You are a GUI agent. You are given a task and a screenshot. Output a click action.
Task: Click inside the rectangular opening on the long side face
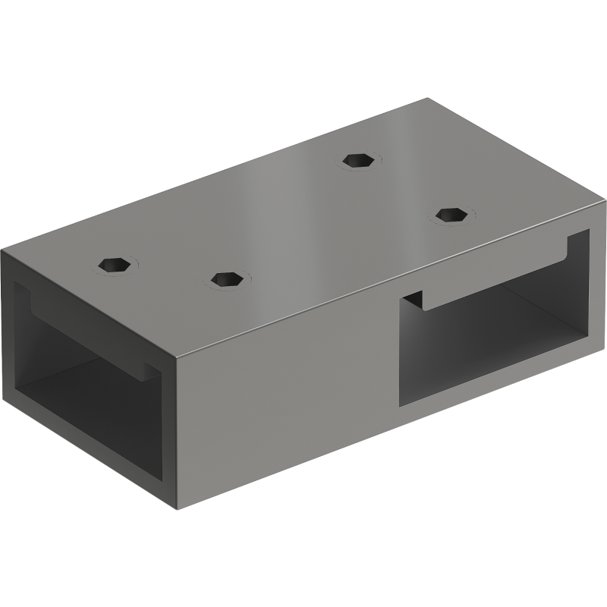pos(493,334)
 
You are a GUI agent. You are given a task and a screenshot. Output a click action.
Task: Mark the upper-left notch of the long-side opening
pos(410,300)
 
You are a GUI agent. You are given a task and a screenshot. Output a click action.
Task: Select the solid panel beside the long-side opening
pos(288,395)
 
